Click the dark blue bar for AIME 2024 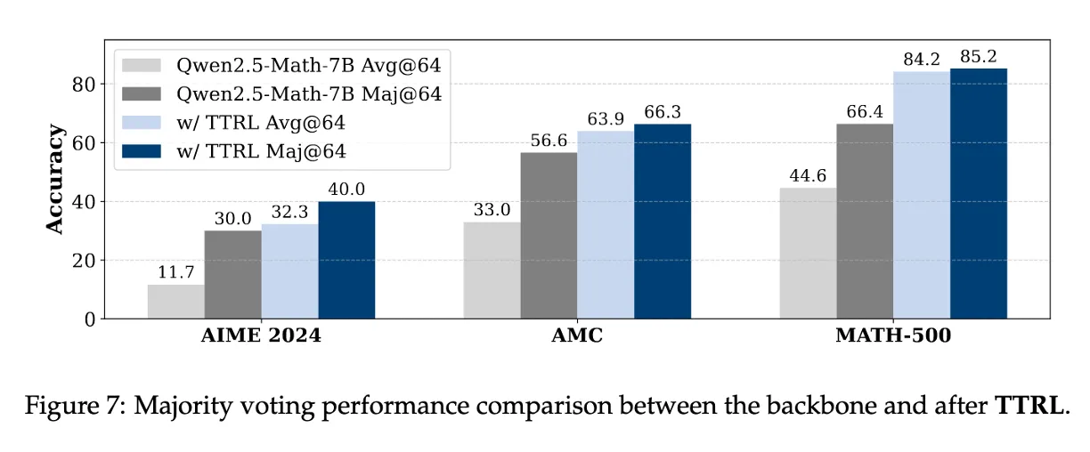pyautogui.click(x=346, y=260)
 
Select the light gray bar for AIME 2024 pyautogui.click(x=175, y=302)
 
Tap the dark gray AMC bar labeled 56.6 pyautogui.click(x=549, y=236)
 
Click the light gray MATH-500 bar pyautogui.click(x=808, y=254)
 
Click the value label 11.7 pyautogui.click(x=175, y=274)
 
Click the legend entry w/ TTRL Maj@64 pyautogui.click(x=262, y=152)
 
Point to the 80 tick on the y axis pyautogui.click(x=83, y=85)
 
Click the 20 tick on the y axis pyautogui.click(x=83, y=261)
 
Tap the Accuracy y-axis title pyautogui.click(x=55, y=180)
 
